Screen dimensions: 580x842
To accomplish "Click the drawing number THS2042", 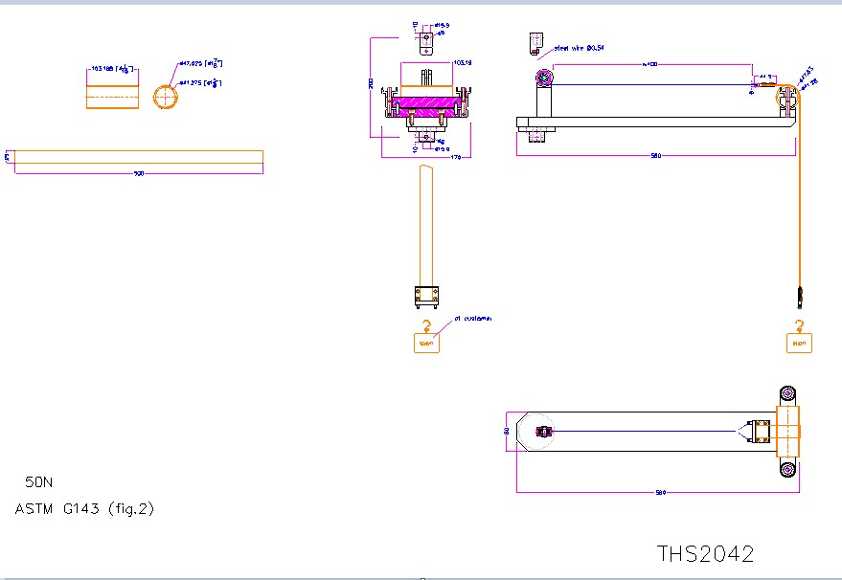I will (705, 554).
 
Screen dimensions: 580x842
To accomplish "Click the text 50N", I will (39, 482).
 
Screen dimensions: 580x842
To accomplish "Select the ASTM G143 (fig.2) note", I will (84, 508).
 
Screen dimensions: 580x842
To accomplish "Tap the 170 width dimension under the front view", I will (455, 157).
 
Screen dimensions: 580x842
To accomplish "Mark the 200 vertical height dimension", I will (371, 84).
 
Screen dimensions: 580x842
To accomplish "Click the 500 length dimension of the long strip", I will (138, 174).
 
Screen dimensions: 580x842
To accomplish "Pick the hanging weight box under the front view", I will (426, 342).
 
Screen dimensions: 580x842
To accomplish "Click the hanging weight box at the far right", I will (799, 342).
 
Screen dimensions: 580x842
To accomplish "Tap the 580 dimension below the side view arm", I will (655, 155).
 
